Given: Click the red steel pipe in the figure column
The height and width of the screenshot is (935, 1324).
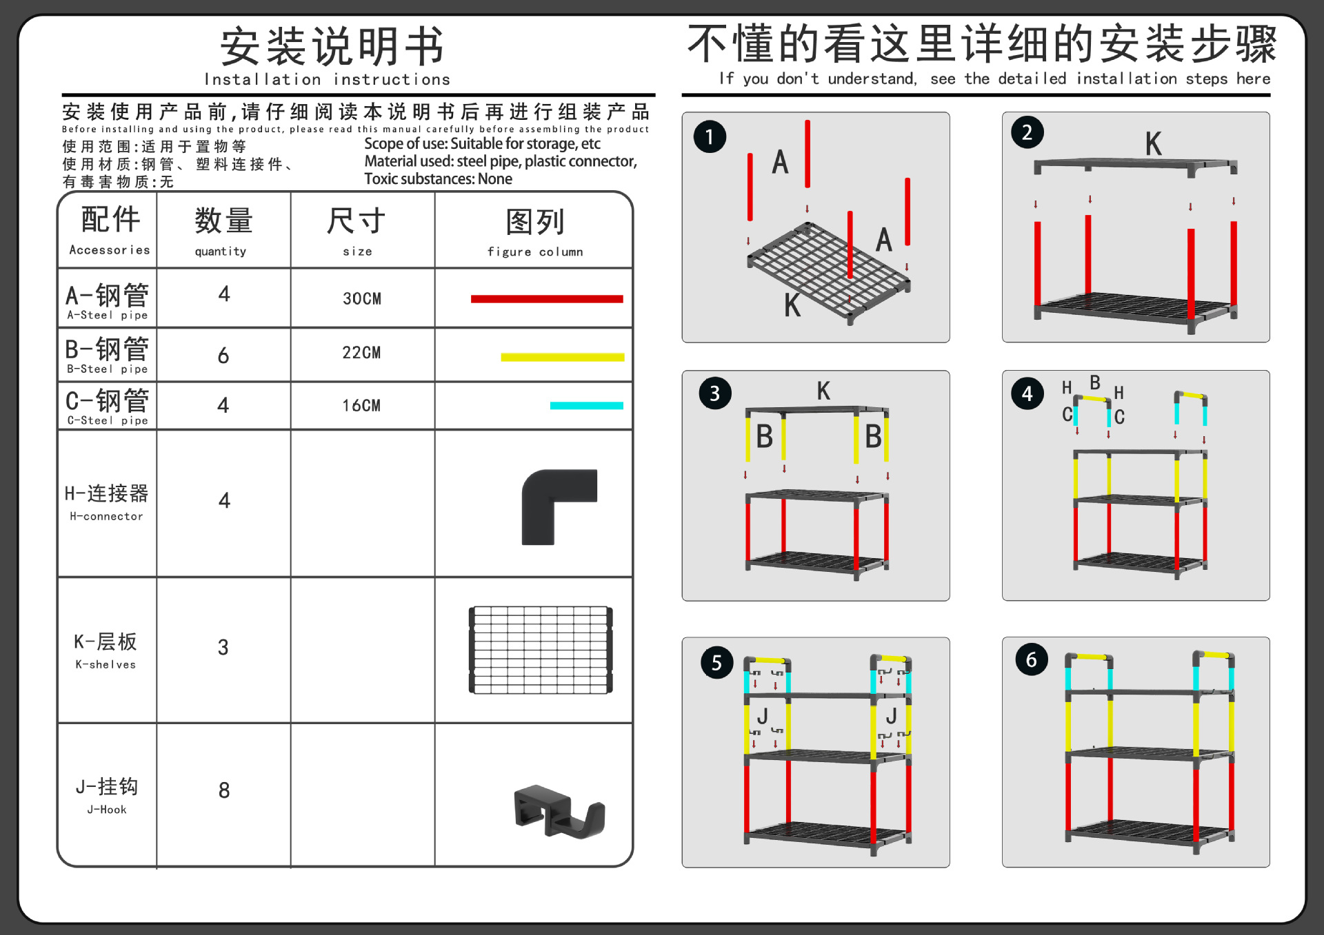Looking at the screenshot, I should click(547, 299).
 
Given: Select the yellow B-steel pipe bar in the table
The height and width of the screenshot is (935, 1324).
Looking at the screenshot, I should click(562, 357).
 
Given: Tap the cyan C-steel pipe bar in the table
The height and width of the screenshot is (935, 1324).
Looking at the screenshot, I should click(586, 406).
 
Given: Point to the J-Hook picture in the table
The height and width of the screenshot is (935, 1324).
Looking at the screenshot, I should click(559, 812).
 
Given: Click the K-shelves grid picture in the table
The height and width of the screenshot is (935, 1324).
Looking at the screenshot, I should click(541, 650).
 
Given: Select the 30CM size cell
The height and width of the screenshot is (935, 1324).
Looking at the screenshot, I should click(362, 299).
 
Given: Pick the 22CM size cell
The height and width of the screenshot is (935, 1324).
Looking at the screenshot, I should click(362, 353).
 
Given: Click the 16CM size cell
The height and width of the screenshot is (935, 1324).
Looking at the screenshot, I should click(362, 406).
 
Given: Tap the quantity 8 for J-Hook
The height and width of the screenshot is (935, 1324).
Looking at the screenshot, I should click(224, 790).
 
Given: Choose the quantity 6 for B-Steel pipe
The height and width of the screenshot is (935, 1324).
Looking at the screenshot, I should click(223, 356).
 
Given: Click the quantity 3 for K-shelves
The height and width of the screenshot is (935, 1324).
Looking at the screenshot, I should click(223, 647).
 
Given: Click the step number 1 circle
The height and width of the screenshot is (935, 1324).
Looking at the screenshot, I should click(710, 136).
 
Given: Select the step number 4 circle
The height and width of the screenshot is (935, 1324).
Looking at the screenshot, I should click(1027, 394).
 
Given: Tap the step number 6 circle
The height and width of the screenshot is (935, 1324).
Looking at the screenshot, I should click(1032, 660).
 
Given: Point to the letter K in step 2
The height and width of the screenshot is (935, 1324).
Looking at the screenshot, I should click(1153, 144).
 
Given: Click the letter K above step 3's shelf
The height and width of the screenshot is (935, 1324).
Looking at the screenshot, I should click(823, 391).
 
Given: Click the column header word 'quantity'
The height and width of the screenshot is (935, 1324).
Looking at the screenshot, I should click(221, 251).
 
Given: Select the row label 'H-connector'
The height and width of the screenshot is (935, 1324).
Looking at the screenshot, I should click(107, 516).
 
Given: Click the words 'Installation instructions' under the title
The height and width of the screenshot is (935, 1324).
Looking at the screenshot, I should click(328, 80).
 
